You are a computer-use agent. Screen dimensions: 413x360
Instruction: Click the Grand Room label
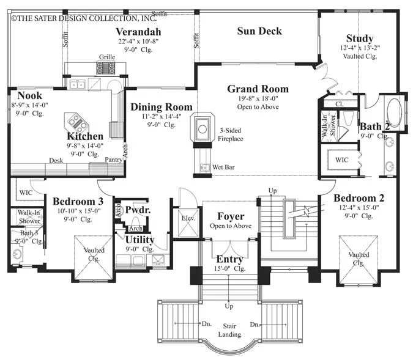pos(258,89)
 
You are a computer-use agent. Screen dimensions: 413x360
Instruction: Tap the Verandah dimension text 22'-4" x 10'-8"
pos(138,42)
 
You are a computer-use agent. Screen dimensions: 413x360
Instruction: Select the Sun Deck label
pos(259,31)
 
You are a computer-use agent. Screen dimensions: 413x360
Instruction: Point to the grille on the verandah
pos(106,68)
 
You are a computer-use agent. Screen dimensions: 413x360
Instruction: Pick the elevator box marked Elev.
pos(188,222)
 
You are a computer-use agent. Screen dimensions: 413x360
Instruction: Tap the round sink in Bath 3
pos(17,254)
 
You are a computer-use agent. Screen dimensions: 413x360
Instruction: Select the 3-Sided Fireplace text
pos(231,134)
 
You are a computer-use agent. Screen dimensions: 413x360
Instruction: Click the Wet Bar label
pos(223,167)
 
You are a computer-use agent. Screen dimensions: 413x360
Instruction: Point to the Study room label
pos(360,39)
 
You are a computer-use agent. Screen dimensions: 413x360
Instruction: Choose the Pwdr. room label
pos(138,210)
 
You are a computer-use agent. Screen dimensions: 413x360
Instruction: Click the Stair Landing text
pos(229,330)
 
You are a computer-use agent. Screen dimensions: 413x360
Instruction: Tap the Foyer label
pos(231,216)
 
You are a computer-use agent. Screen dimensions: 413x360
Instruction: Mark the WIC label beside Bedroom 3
pos(26,193)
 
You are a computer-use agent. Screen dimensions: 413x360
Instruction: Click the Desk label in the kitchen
pos(56,160)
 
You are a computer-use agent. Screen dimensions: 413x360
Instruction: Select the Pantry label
pos(114,160)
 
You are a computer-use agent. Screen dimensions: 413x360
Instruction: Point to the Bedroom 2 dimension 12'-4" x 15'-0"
pos(359,208)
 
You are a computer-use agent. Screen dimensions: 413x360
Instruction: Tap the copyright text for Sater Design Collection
pos(84,18)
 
